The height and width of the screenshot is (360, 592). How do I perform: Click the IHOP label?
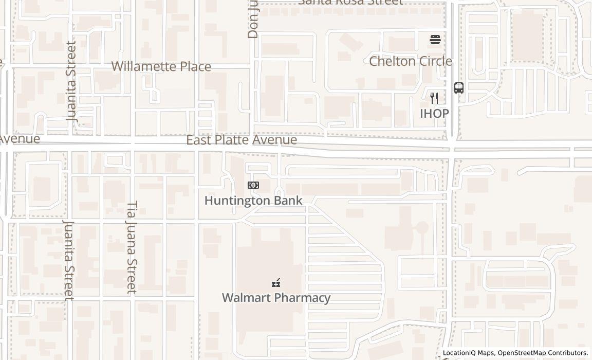point(434,114)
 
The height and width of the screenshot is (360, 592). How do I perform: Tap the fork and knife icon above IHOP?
point(434,98)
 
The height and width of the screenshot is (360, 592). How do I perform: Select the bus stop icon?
point(459,88)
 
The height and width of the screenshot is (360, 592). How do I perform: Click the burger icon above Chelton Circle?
point(435,40)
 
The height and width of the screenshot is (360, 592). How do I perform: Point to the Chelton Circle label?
point(411,61)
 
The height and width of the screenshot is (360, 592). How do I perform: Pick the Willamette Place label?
point(161,66)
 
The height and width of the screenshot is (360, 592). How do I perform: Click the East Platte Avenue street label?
point(242,140)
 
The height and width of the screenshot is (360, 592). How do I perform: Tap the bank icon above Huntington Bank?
point(253,185)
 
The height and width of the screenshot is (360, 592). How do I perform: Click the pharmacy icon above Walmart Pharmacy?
point(276,283)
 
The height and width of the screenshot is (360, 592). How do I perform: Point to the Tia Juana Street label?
point(132,247)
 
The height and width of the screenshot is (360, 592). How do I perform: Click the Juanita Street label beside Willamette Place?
point(71,81)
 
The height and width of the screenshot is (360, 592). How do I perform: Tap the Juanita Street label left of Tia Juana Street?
point(68,260)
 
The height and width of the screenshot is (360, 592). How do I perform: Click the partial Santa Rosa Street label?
point(350,2)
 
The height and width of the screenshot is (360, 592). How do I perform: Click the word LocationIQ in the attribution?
point(460,353)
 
